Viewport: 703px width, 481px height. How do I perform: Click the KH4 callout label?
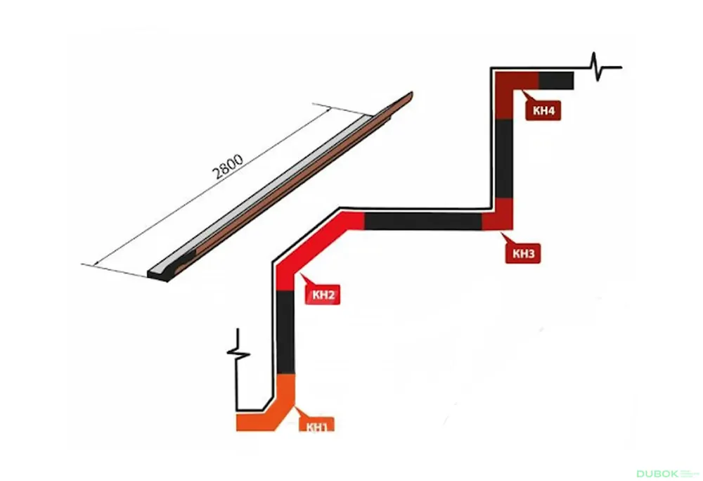543,110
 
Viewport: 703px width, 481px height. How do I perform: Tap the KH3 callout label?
523,254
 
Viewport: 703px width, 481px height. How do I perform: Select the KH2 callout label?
323,295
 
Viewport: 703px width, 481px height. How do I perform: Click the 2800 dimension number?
228,166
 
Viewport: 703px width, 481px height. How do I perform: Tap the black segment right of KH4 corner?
556,81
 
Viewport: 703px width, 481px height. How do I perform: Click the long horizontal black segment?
423,221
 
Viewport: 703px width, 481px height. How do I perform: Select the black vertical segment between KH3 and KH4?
504,158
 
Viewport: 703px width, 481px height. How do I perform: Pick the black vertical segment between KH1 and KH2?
286,332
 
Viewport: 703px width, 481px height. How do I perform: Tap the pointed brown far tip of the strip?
409,96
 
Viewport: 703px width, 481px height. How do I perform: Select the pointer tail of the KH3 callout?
506,238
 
